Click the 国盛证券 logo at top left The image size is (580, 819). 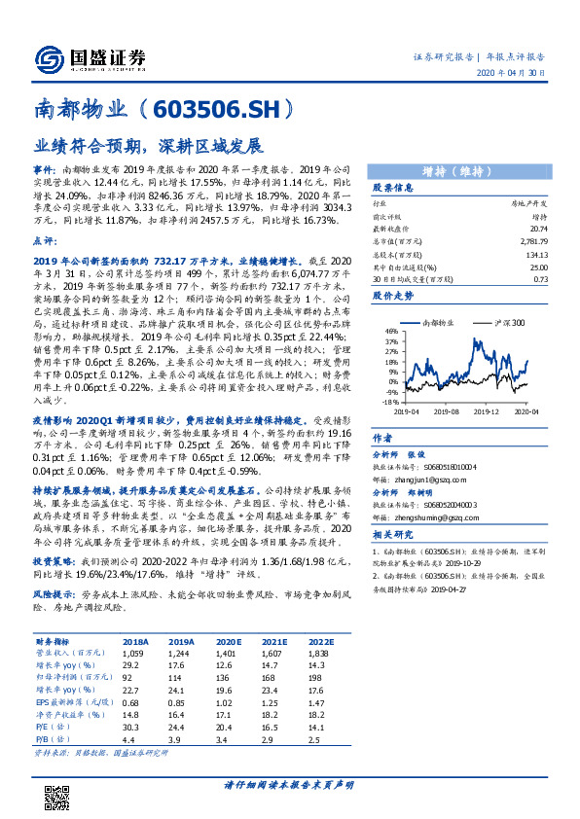[88, 55]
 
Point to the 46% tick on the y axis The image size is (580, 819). [392, 331]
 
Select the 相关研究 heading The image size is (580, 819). [394, 535]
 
